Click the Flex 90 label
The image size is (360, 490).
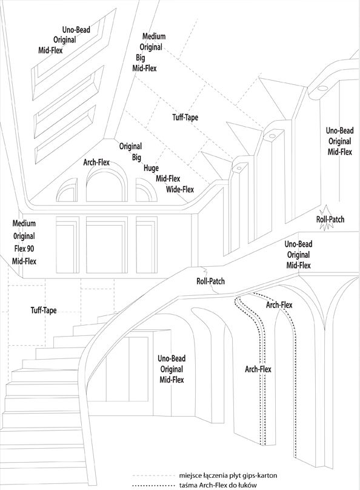coord(24,249)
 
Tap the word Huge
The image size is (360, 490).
coord(151,168)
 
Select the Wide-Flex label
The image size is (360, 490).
coord(180,189)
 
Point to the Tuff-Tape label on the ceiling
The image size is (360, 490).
coord(185,118)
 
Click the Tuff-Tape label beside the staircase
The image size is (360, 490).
coord(44,310)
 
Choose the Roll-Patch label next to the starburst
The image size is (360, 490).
coord(330,219)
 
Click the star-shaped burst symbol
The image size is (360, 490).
coord(325,218)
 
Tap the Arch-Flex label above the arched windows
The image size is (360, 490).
coord(96,163)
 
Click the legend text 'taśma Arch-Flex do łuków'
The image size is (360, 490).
coord(218,485)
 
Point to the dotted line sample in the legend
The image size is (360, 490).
coord(153,485)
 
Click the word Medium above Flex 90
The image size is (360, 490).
coord(24,223)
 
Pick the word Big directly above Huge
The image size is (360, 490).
coord(136,158)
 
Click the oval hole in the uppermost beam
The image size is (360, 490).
coord(322,89)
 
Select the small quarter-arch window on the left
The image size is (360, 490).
coord(67,190)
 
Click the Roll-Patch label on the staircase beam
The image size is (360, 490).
coord(210,281)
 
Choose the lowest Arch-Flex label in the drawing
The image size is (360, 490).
coord(258,369)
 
